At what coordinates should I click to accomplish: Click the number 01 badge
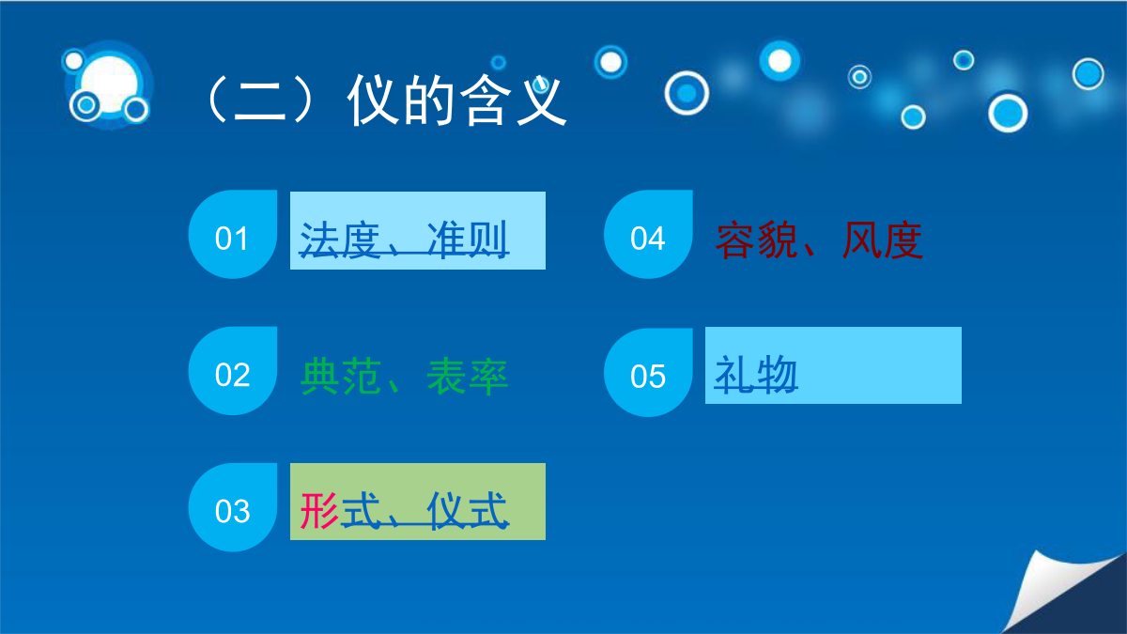coord(233,235)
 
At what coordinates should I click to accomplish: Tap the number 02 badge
coord(233,371)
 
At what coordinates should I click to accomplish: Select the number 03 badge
coord(233,507)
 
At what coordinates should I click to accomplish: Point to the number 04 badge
coord(649,235)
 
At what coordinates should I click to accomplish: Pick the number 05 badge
coord(649,372)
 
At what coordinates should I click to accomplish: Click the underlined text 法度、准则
coord(404,240)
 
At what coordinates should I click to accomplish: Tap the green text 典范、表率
coord(404,377)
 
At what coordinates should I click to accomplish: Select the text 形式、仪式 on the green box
coord(404,511)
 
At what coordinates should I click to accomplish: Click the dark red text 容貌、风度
coord(820,240)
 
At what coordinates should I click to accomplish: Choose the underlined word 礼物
coord(756,375)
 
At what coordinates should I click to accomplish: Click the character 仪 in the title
coord(375,100)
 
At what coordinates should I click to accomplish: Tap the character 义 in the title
coord(541,100)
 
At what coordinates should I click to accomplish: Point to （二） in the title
coord(260,100)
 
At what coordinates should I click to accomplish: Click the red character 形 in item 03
coord(319,510)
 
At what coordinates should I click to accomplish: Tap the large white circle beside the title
coord(109,84)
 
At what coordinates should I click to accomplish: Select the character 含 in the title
coord(485,100)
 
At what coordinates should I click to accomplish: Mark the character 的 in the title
coord(430,100)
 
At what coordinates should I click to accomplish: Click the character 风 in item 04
coord(861,240)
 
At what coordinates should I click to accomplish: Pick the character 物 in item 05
coord(778,375)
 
